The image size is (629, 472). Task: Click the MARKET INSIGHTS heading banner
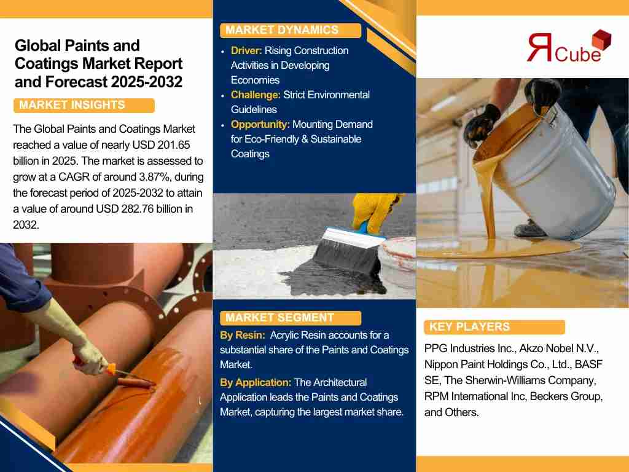84,106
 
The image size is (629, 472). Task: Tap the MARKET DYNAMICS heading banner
291,31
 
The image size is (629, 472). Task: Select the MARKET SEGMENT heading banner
291,318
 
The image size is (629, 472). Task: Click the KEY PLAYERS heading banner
494,327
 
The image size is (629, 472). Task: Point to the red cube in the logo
601,39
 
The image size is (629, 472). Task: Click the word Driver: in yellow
246,51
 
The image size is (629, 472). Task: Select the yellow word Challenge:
256,95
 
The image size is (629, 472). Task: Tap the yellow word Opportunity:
260,124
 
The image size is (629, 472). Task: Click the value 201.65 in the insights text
174,145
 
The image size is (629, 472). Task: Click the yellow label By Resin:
242,335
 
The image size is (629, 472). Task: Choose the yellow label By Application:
256,382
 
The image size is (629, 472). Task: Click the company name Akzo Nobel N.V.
559,348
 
